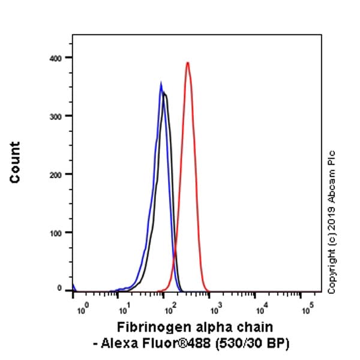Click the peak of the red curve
tap(188, 62)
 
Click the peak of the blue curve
tap(161, 83)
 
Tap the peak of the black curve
tap(164, 94)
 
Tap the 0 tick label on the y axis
tap(60, 289)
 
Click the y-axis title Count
tap(14, 162)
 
